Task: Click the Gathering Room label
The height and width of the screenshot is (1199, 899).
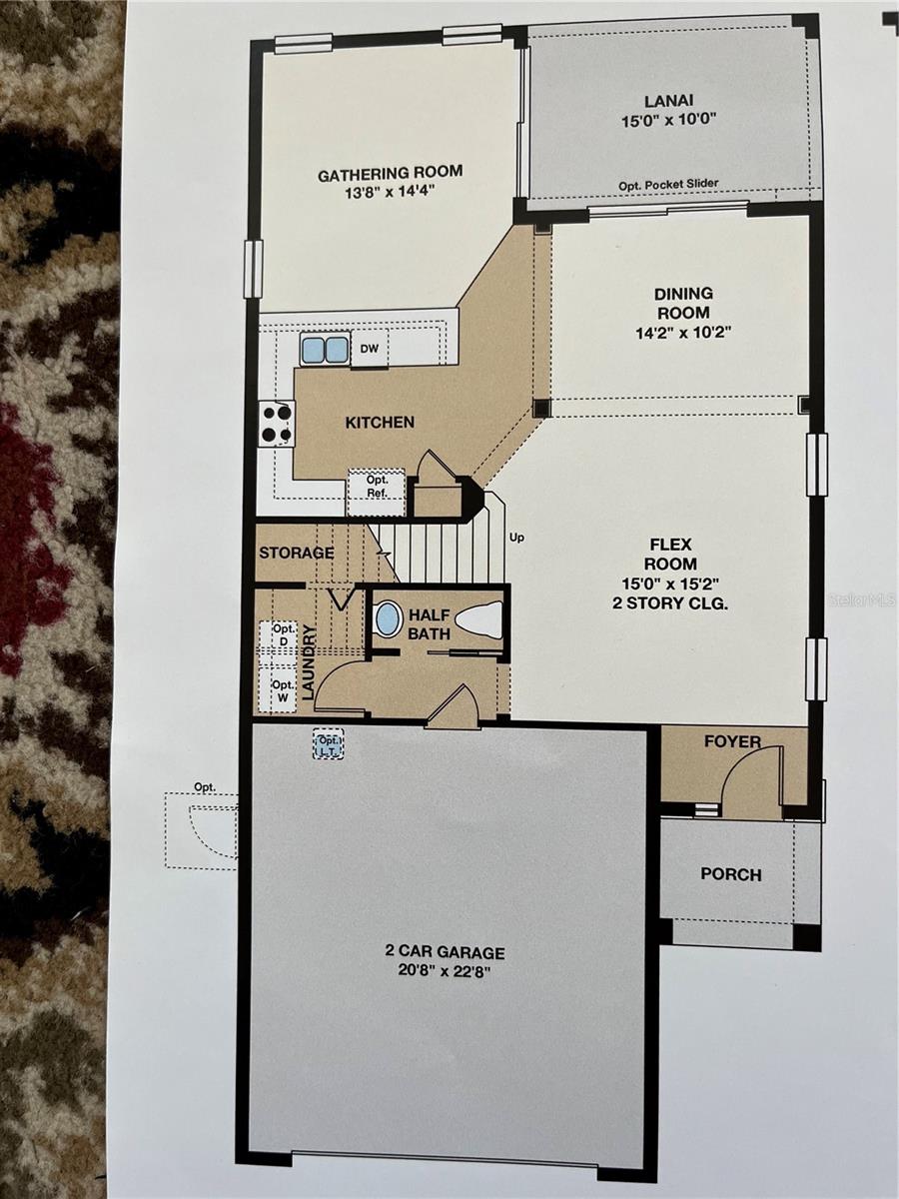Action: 390,175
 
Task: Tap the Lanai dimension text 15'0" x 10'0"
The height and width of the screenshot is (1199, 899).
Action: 667,118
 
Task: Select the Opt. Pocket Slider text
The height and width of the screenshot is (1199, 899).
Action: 668,183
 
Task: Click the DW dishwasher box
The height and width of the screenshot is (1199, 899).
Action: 369,349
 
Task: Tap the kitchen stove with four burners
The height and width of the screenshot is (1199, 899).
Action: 277,423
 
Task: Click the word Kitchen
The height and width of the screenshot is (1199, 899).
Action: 380,423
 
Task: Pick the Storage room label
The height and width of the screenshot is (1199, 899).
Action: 297,554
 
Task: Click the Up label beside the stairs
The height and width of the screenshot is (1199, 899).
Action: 517,538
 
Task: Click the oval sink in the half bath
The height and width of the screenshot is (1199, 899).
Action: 389,619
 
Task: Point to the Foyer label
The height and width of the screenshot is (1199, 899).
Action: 732,742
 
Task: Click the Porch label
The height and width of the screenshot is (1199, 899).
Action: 730,874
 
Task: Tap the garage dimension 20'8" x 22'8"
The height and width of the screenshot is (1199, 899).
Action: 445,970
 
